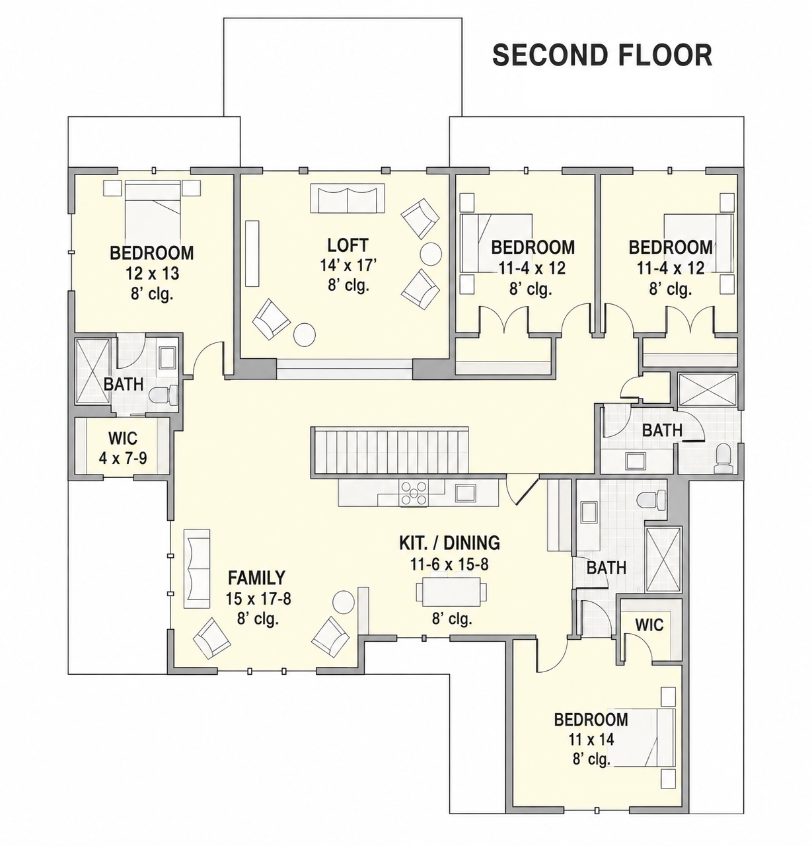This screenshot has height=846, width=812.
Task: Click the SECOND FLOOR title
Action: (x=602, y=56)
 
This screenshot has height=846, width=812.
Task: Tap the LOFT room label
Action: (x=348, y=245)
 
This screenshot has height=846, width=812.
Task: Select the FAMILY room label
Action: (x=256, y=578)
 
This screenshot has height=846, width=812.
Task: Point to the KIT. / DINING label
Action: (x=449, y=543)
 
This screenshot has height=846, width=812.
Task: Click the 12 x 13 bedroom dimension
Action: (x=152, y=274)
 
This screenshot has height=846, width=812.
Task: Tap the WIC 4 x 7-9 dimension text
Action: (x=123, y=458)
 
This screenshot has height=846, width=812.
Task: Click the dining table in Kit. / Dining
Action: (x=452, y=592)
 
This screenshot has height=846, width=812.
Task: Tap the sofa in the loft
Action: (x=348, y=198)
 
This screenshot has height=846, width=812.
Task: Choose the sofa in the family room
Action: (x=197, y=568)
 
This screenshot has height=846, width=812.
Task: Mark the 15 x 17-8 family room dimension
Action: (x=258, y=599)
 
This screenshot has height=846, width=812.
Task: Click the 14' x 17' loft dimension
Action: (x=348, y=265)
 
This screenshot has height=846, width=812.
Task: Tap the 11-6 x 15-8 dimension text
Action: (x=449, y=564)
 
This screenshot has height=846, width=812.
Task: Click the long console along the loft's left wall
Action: (x=252, y=253)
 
